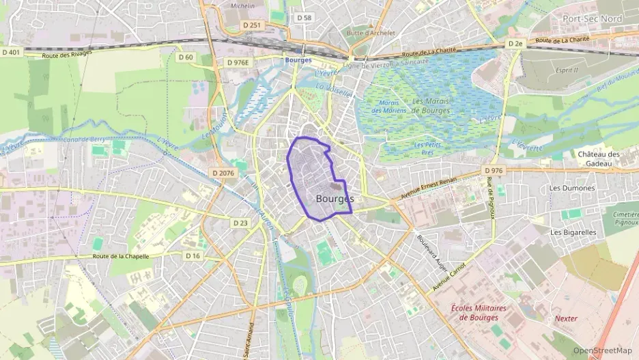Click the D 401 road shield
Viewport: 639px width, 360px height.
pyautogui.click(x=12, y=52)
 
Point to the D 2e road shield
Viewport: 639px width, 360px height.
pyautogui.click(x=515, y=44)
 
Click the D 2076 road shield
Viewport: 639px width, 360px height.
pyautogui.click(x=223, y=174)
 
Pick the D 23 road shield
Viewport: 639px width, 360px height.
pyautogui.click(x=240, y=223)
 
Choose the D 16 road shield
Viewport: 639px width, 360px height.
pyautogui.click(x=193, y=255)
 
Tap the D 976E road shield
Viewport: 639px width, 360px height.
pyautogui.click(x=238, y=62)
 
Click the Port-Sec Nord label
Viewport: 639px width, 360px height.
pyautogui.click(x=593, y=18)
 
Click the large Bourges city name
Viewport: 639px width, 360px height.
pyautogui.click(x=335, y=198)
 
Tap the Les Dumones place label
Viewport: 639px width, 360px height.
pyautogui.click(x=572, y=188)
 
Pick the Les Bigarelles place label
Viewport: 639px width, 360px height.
pyautogui.click(x=573, y=232)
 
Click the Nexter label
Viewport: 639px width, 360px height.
pyautogui.click(x=566, y=318)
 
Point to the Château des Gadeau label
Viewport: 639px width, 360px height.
pyautogui.click(x=599, y=158)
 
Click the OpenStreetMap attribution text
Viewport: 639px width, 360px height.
pyautogui.click(x=603, y=350)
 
